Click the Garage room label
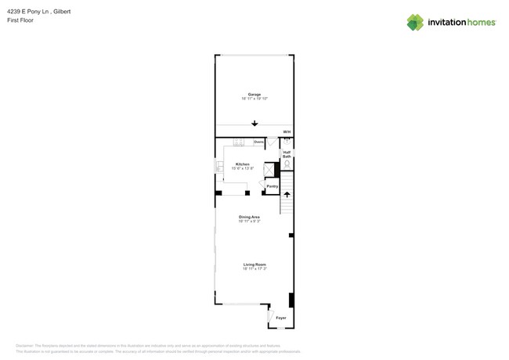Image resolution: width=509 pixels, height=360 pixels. click(254, 94)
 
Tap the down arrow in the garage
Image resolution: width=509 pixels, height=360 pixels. click(254, 123)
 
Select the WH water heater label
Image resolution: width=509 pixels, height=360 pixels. click(287, 131)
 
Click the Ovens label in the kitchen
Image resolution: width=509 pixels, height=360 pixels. click(258, 142)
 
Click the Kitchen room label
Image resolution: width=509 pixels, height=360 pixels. click(243, 164)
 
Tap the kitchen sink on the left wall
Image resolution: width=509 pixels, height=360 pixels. click(219, 167)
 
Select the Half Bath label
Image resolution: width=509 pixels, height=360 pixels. click(287, 154)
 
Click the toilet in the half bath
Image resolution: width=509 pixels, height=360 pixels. click(287, 165)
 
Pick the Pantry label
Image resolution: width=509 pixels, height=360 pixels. click(272, 186)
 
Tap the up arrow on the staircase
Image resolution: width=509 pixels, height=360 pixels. click(287, 194)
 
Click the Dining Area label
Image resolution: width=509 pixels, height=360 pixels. click(250, 217)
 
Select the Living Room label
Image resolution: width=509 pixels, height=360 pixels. click(254, 265)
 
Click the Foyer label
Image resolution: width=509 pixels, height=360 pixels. click(280, 318)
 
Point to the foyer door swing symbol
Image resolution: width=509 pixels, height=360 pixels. click(271, 316)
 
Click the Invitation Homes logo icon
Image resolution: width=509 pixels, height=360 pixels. click(415, 22)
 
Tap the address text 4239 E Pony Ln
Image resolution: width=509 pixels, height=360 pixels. click(32, 12)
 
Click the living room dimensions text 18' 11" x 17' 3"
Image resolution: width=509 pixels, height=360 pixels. click(254, 269)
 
